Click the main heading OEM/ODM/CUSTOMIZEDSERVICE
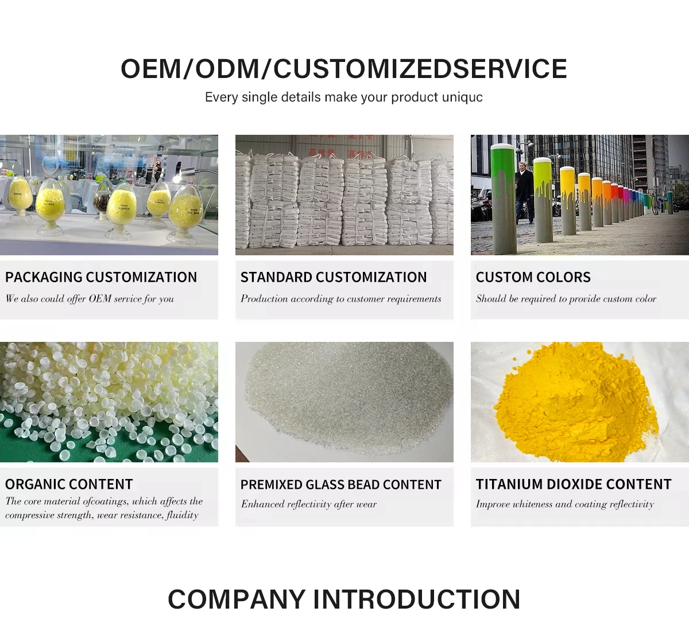pyautogui.click(x=344, y=69)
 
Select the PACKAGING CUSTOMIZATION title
pyautogui.click(x=101, y=277)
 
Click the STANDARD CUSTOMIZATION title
pyautogui.click(x=334, y=277)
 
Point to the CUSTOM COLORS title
pyautogui.click(x=533, y=277)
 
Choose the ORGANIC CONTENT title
pyautogui.click(x=69, y=484)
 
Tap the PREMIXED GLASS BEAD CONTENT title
pyautogui.click(x=340, y=485)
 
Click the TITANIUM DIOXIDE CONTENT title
pyautogui.click(x=573, y=484)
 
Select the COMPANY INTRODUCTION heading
pyautogui.click(x=344, y=599)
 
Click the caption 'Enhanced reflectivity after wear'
pyautogui.click(x=309, y=504)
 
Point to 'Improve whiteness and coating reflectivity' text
pyautogui.click(x=564, y=504)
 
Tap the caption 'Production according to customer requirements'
pyautogui.click(x=340, y=298)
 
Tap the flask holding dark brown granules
pyautogui.click(x=102, y=202)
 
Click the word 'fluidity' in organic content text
pyautogui.click(x=182, y=515)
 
